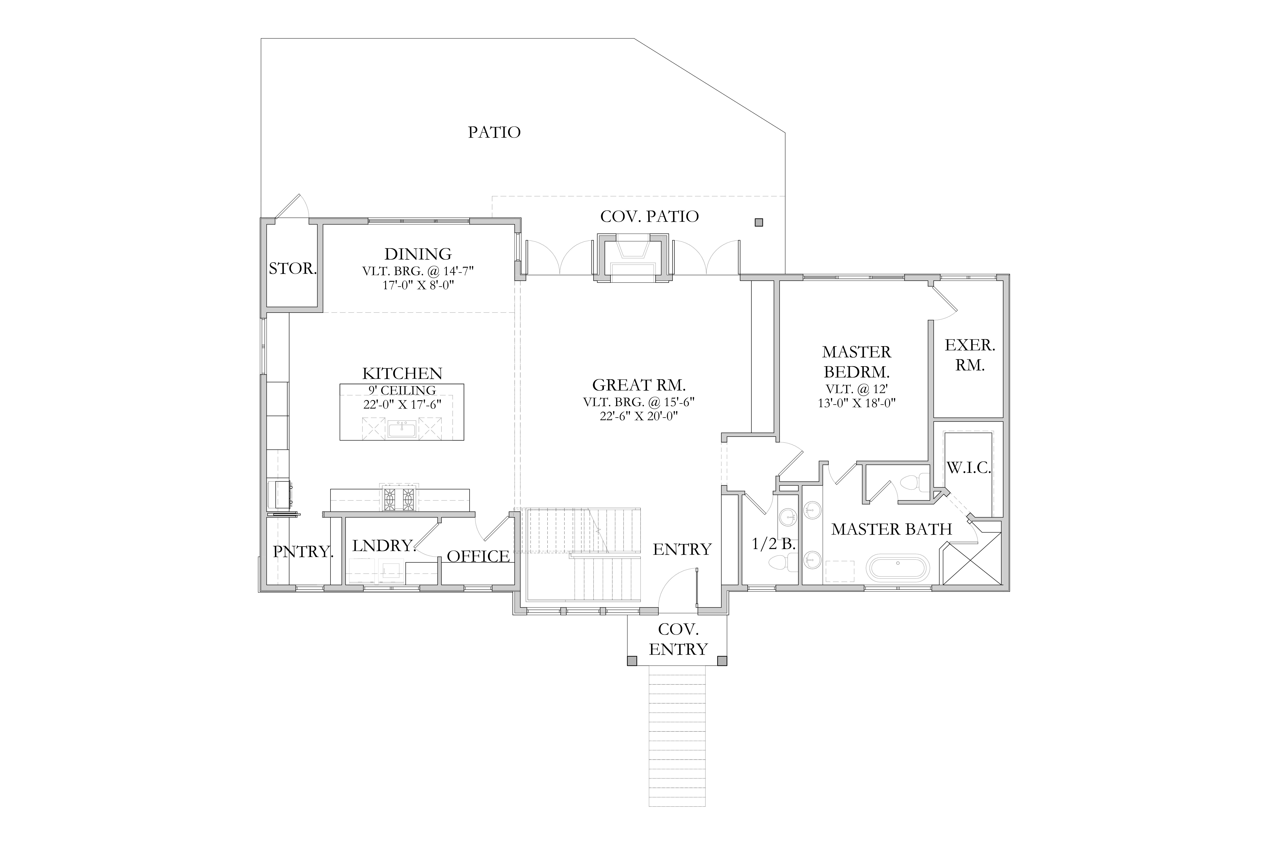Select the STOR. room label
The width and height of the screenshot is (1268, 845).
tap(292, 268)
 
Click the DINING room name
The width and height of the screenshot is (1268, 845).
tap(418, 254)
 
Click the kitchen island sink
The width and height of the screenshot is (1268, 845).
tap(402, 430)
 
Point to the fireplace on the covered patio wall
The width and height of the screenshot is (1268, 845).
tap(632, 258)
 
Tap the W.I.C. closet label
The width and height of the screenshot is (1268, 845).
tap(969, 468)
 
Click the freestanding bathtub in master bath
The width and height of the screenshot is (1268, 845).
tap(898, 568)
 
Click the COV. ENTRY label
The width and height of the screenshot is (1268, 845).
tap(678, 640)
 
